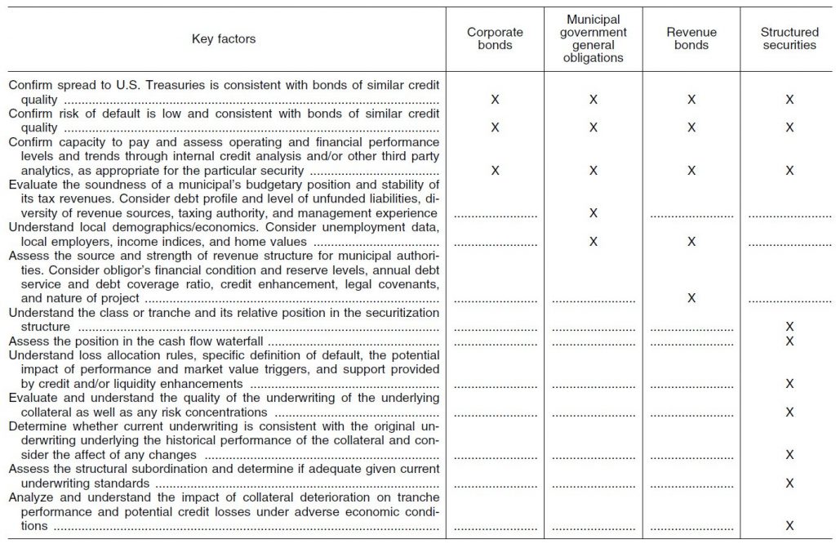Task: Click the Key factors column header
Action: [223, 39]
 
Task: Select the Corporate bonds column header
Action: [496, 39]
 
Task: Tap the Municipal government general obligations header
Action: [594, 38]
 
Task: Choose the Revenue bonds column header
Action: [691, 39]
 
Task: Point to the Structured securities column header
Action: [789, 39]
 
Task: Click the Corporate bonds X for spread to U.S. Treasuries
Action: [496, 99]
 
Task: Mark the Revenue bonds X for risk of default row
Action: [691, 127]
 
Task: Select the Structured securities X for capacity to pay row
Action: [789, 171]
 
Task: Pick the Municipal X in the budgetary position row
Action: [594, 213]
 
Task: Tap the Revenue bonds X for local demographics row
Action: [691, 242]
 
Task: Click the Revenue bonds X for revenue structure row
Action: [691, 299]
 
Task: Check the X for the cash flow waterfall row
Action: [789, 341]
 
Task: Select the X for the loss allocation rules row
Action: [789, 384]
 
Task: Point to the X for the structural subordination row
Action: [789, 484]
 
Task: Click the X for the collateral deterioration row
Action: [789, 526]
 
